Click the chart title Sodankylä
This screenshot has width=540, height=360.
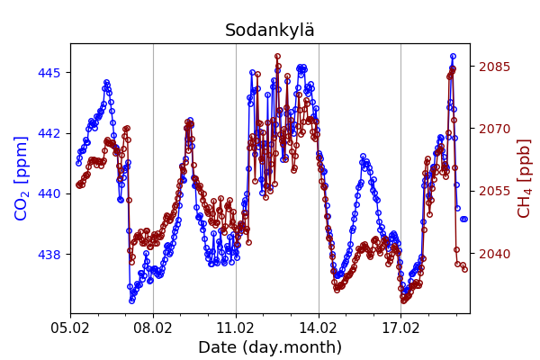tap(270, 31)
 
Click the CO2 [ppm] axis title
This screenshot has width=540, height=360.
tap(22, 177)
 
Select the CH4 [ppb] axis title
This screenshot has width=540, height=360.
tap(525, 177)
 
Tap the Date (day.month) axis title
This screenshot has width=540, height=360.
tap(270, 347)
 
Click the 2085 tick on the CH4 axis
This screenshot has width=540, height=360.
tap(494, 67)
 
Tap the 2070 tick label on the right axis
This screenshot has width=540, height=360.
tap(494, 129)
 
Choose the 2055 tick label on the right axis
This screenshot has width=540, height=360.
tap(494, 191)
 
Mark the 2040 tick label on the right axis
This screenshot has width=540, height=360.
tap(494, 254)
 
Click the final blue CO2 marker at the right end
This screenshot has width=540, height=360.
tap(464, 219)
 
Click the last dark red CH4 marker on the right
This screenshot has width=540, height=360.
tap(464, 268)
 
